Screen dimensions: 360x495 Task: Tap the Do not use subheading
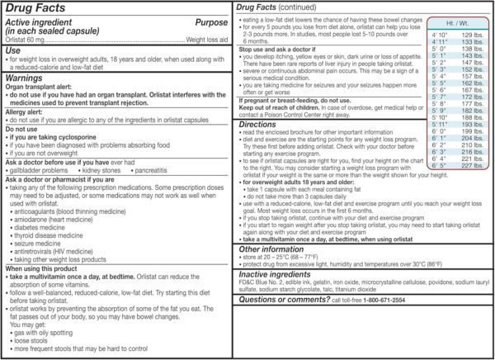(x=22, y=139)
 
